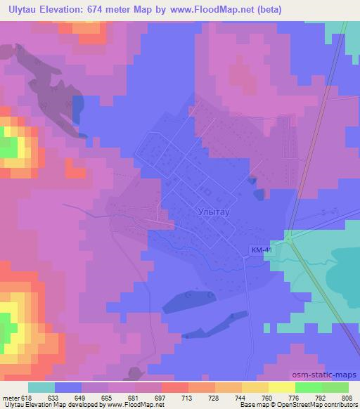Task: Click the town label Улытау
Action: [x=211, y=210]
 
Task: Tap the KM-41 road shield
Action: [x=262, y=249]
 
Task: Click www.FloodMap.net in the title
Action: [x=228, y=8]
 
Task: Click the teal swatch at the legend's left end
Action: [x=41, y=387]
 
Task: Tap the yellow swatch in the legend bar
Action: [x=282, y=387]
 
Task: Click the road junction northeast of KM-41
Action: [x=289, y=240]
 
